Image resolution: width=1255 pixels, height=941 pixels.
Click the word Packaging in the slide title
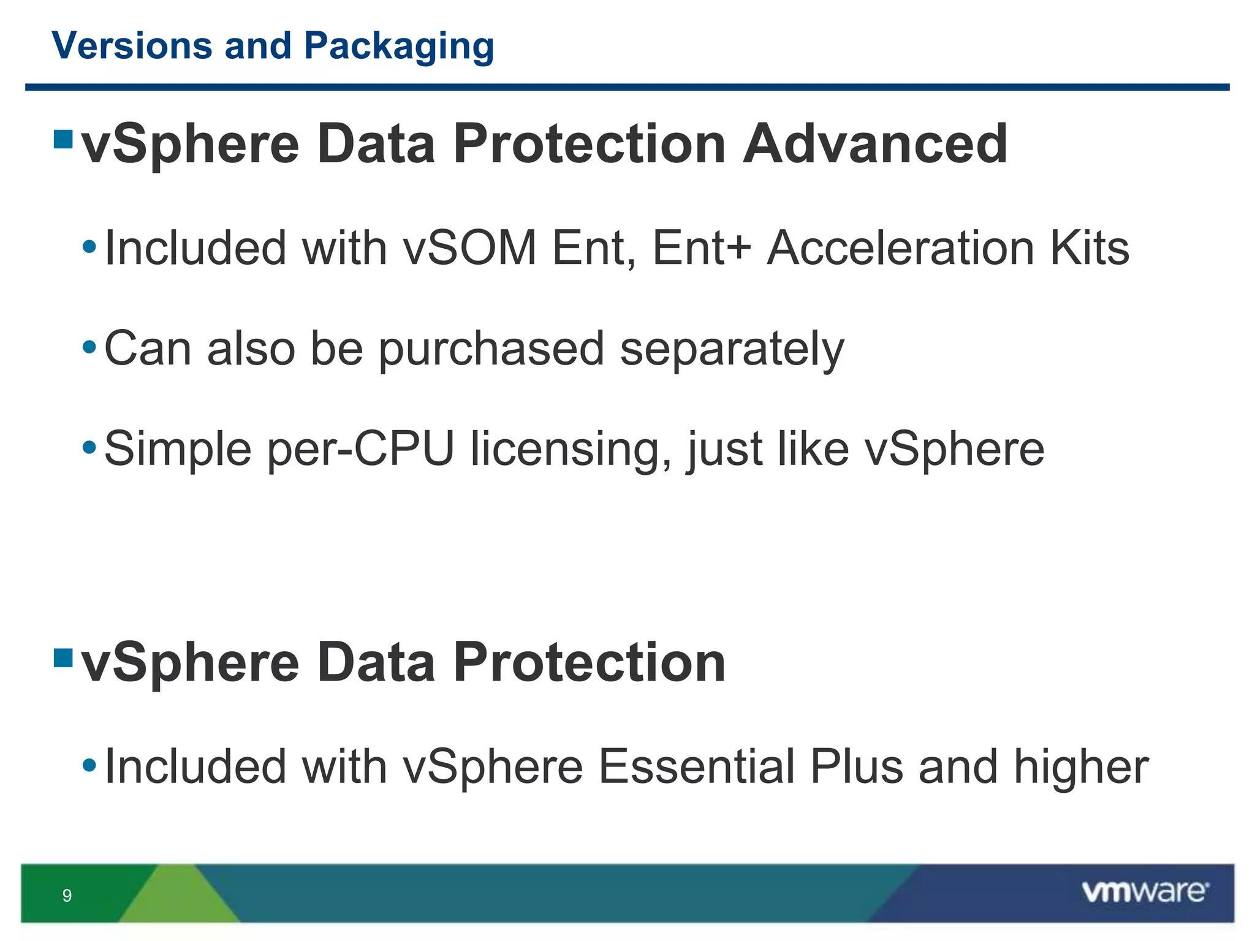(399, 47)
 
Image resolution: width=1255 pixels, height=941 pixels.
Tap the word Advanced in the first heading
(875, 145)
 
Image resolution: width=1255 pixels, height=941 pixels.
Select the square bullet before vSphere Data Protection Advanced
(63, 139)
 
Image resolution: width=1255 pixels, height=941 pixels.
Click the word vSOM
(469, 248)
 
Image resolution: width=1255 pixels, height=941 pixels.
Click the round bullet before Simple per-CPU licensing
(89, 448)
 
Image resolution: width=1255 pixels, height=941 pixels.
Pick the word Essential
(696, 766)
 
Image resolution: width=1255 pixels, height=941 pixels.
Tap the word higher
(1081, 766)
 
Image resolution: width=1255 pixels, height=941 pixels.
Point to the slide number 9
(67, 896)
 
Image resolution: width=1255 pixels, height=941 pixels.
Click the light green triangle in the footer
(179, 898)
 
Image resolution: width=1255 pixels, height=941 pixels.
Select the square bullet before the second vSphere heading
(63, 658)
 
